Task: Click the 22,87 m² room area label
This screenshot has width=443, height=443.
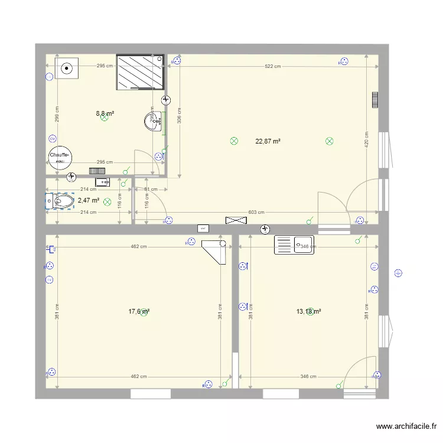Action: [268, 141]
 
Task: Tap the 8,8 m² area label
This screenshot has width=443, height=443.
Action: [105, 113]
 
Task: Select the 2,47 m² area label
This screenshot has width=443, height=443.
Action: [89, 200]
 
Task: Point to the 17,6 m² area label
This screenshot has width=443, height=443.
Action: [139, 311]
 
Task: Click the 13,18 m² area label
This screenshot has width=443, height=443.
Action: [309, 311]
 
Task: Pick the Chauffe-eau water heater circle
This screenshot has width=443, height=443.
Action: [60, 158]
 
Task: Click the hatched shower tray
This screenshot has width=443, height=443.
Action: [140, 72]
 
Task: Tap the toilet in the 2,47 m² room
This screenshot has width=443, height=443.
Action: [61, 201]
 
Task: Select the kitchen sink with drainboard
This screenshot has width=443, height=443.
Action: [295, 245]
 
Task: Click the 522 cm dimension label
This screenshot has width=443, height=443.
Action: [272, 66]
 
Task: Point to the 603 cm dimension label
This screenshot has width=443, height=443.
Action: [256, 212]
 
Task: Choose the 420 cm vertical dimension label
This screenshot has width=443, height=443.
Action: [366, 139]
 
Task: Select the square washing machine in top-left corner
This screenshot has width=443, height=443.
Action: [67, 68]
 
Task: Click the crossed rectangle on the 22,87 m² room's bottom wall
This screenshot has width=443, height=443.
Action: [235, 220]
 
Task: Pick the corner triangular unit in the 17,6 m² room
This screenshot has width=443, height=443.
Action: [216, 250]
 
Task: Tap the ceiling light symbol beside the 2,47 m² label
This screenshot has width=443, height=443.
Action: [108, 201]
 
